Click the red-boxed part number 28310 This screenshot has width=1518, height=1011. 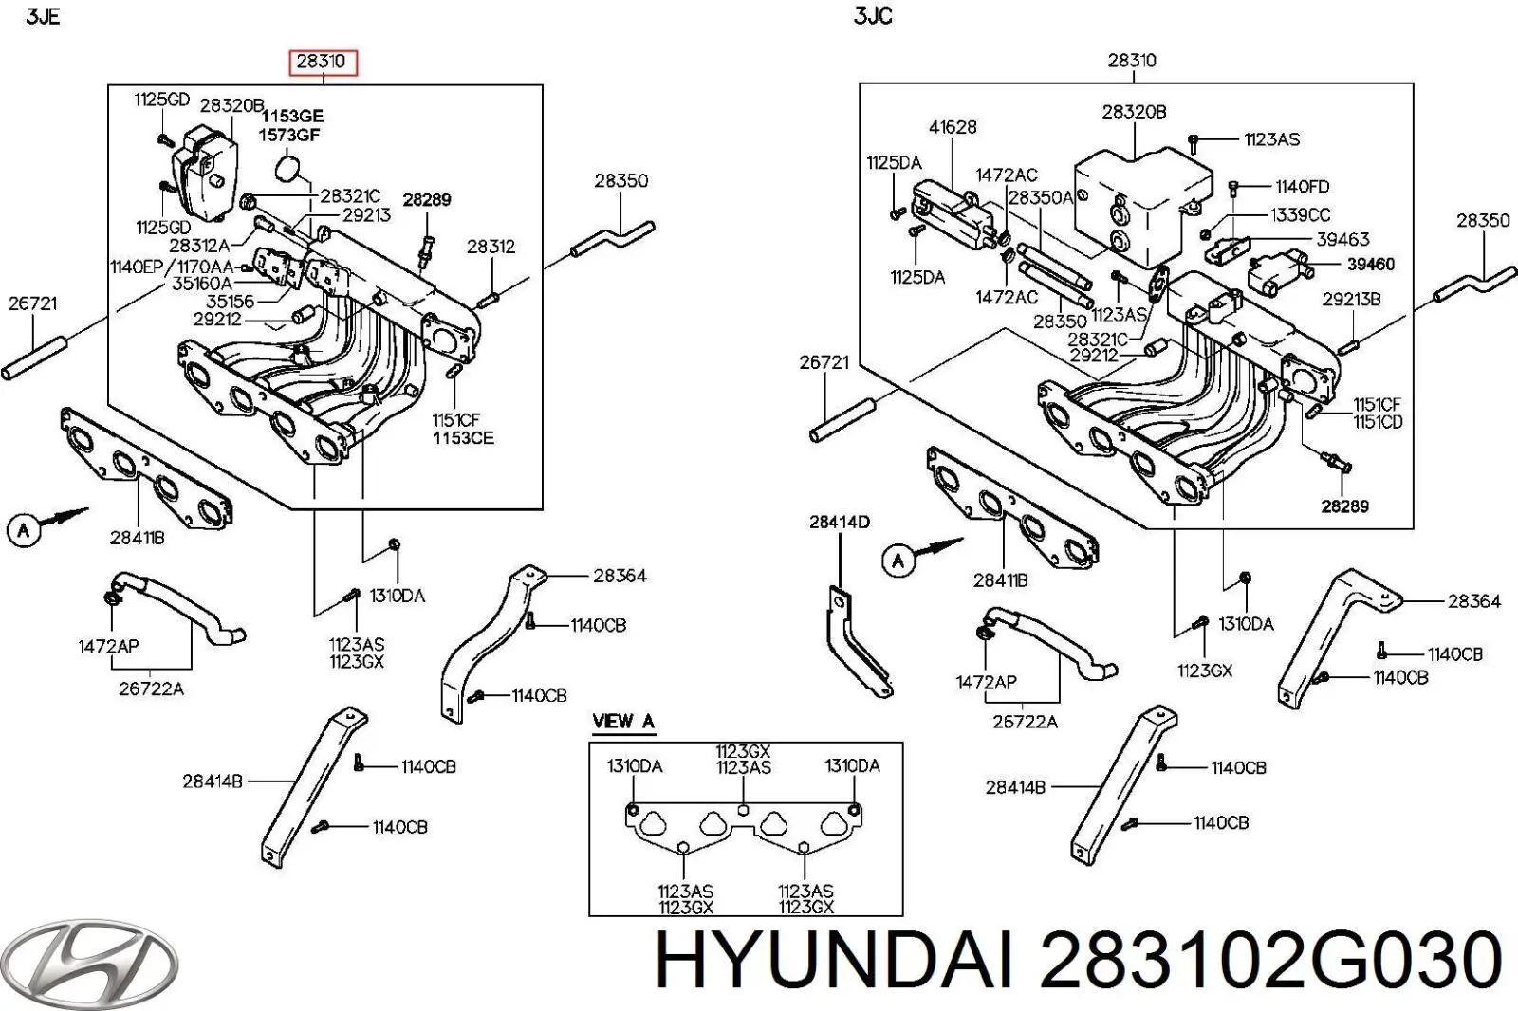321,63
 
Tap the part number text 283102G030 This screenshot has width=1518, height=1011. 1270,960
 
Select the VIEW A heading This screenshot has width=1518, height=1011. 623,722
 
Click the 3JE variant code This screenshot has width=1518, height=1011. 42,17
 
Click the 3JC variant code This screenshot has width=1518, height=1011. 873,17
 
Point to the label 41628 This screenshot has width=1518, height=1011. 953,127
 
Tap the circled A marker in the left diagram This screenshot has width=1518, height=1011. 24,530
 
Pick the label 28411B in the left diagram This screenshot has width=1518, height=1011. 137,538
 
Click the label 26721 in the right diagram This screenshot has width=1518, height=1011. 824,362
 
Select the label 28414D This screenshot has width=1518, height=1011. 839,522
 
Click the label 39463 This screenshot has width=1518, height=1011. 1342,240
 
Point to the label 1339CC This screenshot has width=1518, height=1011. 1300,215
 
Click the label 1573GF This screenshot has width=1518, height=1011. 289,135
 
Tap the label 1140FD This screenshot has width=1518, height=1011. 1302,187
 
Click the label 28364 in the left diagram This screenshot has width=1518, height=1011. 620,576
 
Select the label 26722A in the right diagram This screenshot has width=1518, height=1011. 1025,722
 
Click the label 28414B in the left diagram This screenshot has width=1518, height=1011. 213,781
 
